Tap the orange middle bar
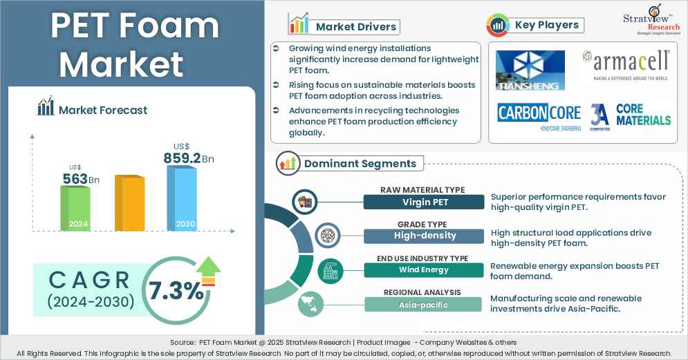129,203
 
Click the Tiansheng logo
530,70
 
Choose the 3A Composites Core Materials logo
629,117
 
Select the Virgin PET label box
423,202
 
